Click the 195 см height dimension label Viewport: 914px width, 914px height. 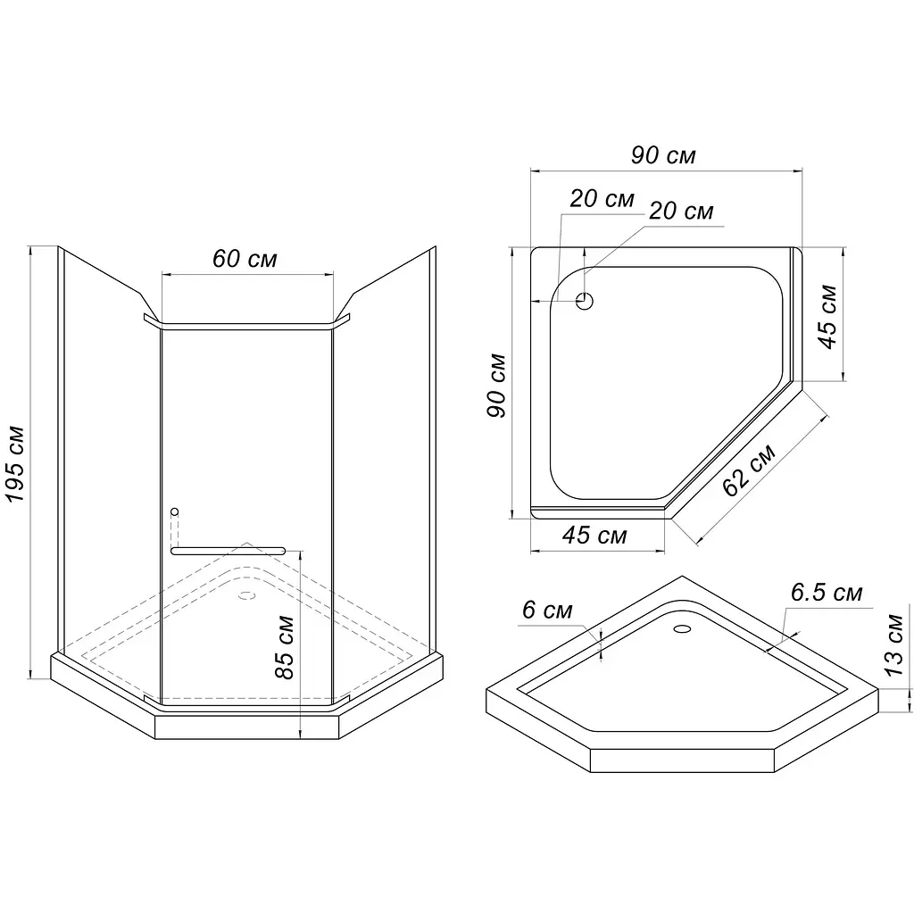tap(15, 464)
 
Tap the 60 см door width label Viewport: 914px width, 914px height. tap(245, 259)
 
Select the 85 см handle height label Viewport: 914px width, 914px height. tap(285, 647)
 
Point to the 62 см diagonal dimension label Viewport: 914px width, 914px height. tap(749, 469)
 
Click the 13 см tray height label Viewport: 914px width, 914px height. tap(893, 644)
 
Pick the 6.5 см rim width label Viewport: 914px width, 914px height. tap(827, 593)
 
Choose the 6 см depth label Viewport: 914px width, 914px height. tap(547, 611)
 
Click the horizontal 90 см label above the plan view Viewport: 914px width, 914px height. tap(663, 155)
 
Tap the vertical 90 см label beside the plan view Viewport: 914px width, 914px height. tap(496, 386)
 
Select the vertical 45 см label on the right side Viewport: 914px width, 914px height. tap(827, 317)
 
